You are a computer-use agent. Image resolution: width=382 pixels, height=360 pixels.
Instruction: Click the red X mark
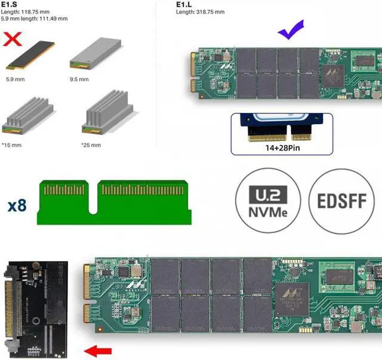tap(13, 39)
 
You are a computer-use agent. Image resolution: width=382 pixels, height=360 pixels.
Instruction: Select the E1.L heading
tap(184, 5)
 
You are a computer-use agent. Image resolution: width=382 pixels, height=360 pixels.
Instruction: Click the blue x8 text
tap(17, 206)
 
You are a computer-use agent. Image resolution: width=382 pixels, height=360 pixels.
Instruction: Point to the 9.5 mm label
tap(79, 78)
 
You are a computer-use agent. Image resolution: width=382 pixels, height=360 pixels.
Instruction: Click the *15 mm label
tap(12, 144)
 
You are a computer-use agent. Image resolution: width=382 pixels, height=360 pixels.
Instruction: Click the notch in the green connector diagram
tap(93, 205)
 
